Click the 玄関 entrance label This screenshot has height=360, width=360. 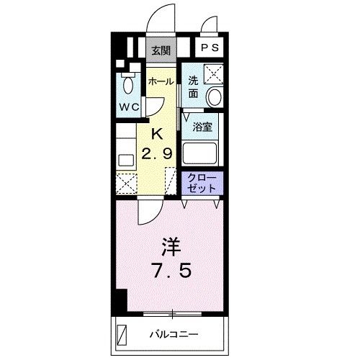click(161, 50)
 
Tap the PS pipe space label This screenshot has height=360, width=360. click(210, 48)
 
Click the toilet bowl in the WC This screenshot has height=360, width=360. click(128, 85)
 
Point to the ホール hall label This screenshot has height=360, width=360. click(161, 82)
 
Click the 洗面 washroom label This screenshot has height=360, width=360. click(193, 87)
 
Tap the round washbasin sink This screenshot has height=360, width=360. click(214, 96)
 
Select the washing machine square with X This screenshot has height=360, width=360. click(214, 73)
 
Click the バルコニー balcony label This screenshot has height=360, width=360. click(174, 334)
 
